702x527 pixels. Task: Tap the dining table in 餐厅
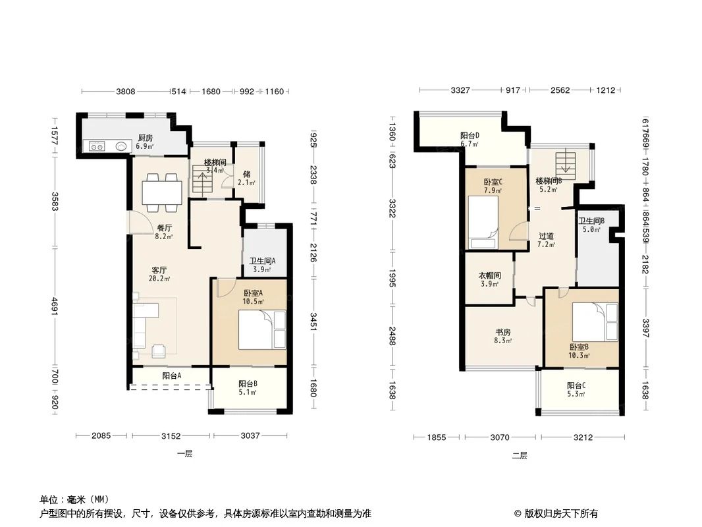click(x=162, y=190)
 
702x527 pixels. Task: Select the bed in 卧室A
click(x=261, y=330)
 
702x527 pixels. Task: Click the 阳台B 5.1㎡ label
click(x=248, y=387)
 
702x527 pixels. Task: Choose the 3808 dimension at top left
click(x=126, y=92)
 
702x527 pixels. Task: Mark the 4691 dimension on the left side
click(x=55, y=314)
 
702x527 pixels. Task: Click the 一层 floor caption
click(x=184, y=454)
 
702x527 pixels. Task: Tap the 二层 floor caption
click(x=520, y=455)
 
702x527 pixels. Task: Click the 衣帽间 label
click(x=489, y=279)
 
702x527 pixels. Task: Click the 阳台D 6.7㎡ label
click(x=469, y=139)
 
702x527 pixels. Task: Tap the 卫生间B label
click(x=591, y=225)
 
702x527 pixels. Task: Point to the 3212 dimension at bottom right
click(x=583, y=437)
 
